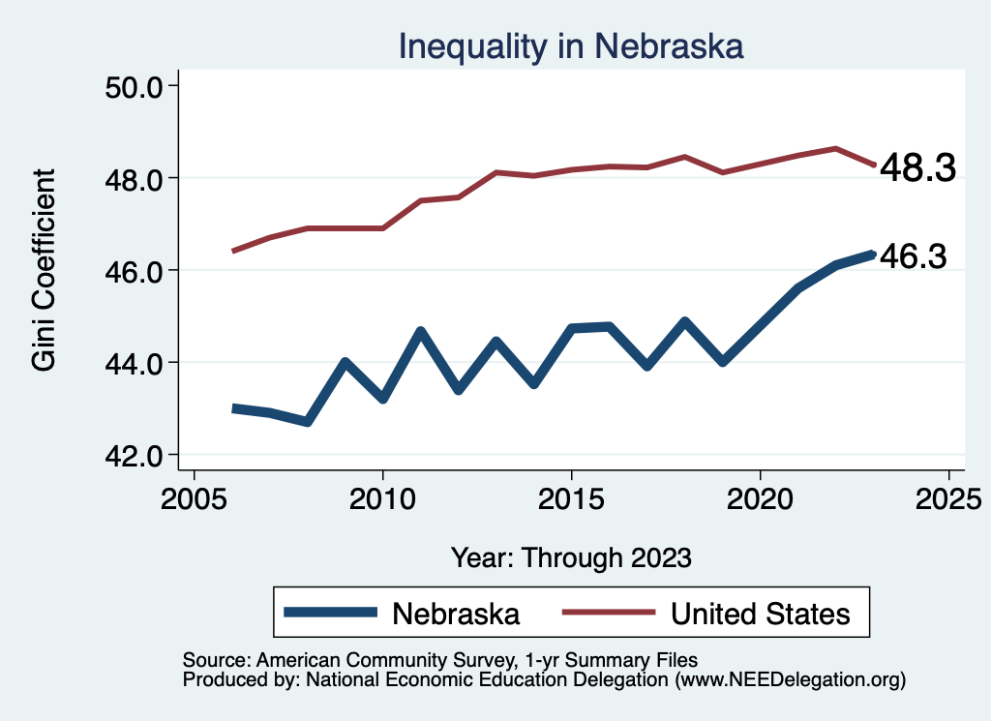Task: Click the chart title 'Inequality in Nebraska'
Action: click(571, 45)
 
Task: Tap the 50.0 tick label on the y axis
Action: click(135, 86)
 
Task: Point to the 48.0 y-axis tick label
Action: click(135, 178)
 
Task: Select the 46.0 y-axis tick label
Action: click(135, 270)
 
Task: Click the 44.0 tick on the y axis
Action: click(135, 363)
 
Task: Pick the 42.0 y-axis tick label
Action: click(135, 455)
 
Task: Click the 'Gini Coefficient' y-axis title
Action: click(44, 270)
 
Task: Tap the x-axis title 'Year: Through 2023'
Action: click(571, 557)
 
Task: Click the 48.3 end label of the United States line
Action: click(916, 169)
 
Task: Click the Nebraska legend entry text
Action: click(456, 614)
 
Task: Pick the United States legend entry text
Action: click(760, 614)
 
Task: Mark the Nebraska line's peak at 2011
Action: click(421, 332)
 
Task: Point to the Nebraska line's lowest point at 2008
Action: click(308, 422)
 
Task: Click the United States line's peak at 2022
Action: click(835, 148)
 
